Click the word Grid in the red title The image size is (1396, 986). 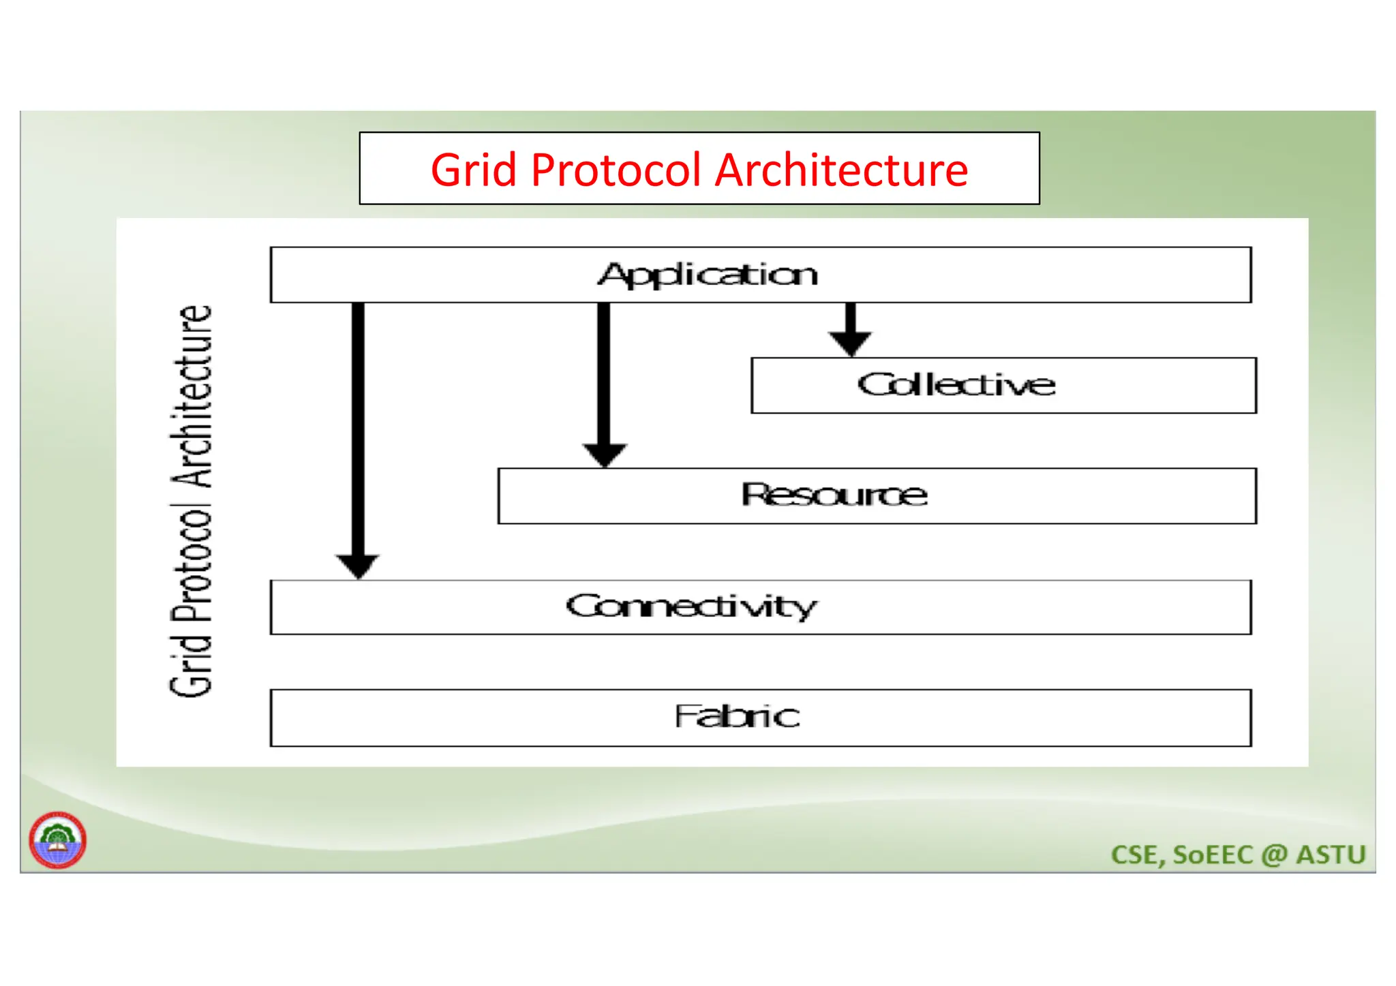coord(473,170)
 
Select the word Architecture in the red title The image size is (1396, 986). coord(842,170)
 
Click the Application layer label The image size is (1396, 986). coord(708,275)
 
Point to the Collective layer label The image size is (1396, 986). coord(956,385)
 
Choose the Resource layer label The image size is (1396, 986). coord(834,495)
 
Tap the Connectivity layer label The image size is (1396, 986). coord(691,606)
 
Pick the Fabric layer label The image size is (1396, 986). coord(737,716)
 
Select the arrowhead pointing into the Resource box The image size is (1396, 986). coord(604,454)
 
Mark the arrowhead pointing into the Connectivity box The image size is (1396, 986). coord(358,566)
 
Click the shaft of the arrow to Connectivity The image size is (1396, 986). coord(358,429)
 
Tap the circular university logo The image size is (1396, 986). coord(57,839)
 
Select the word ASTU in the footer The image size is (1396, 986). coord(1331,855)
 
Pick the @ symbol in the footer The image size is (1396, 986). coord(1273,855)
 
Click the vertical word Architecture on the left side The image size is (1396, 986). coord(192,395)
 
